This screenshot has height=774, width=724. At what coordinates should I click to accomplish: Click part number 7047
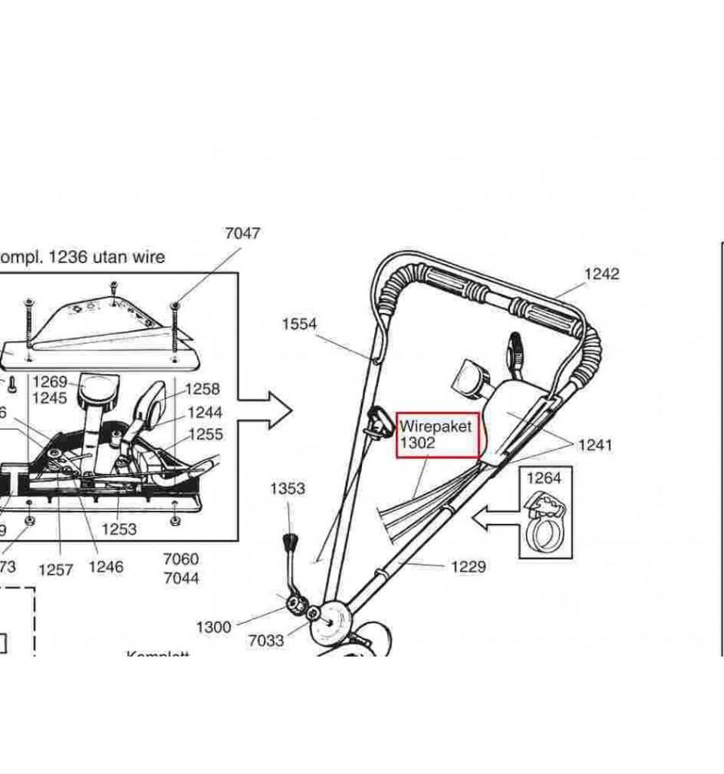click(x=243, y=233)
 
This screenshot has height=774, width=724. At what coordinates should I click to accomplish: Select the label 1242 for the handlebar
click(x=602, y=274)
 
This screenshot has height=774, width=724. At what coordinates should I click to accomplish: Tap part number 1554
click(x=299, y=324)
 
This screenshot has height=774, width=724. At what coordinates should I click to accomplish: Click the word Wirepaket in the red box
click(x=435, y=426)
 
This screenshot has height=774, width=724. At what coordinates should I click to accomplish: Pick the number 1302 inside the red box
click(x=417, y=443)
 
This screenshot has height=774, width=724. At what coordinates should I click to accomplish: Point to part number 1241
click(x=595, y=445)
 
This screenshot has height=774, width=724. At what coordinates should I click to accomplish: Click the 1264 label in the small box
click(x=544, y=478)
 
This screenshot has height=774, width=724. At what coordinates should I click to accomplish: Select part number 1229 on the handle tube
click(x=469, y=566)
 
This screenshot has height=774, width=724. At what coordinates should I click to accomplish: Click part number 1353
click(x=287, y=488)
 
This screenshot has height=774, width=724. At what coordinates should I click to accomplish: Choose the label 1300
click(x=214, y=627)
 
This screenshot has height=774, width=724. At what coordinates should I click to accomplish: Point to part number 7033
click(x=266, y=640)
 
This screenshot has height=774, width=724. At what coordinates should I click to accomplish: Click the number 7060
click(x=181, y=559)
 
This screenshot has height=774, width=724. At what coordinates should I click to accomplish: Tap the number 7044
click(x=181, y=578)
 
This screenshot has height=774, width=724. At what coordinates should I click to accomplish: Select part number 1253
click(x=119, y=529)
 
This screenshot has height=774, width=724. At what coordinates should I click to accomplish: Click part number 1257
click(x=56, y=569)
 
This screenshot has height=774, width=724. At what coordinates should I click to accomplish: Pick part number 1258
click(x=203, y=389)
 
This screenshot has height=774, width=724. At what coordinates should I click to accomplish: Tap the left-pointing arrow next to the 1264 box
click(x=493, y=519)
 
